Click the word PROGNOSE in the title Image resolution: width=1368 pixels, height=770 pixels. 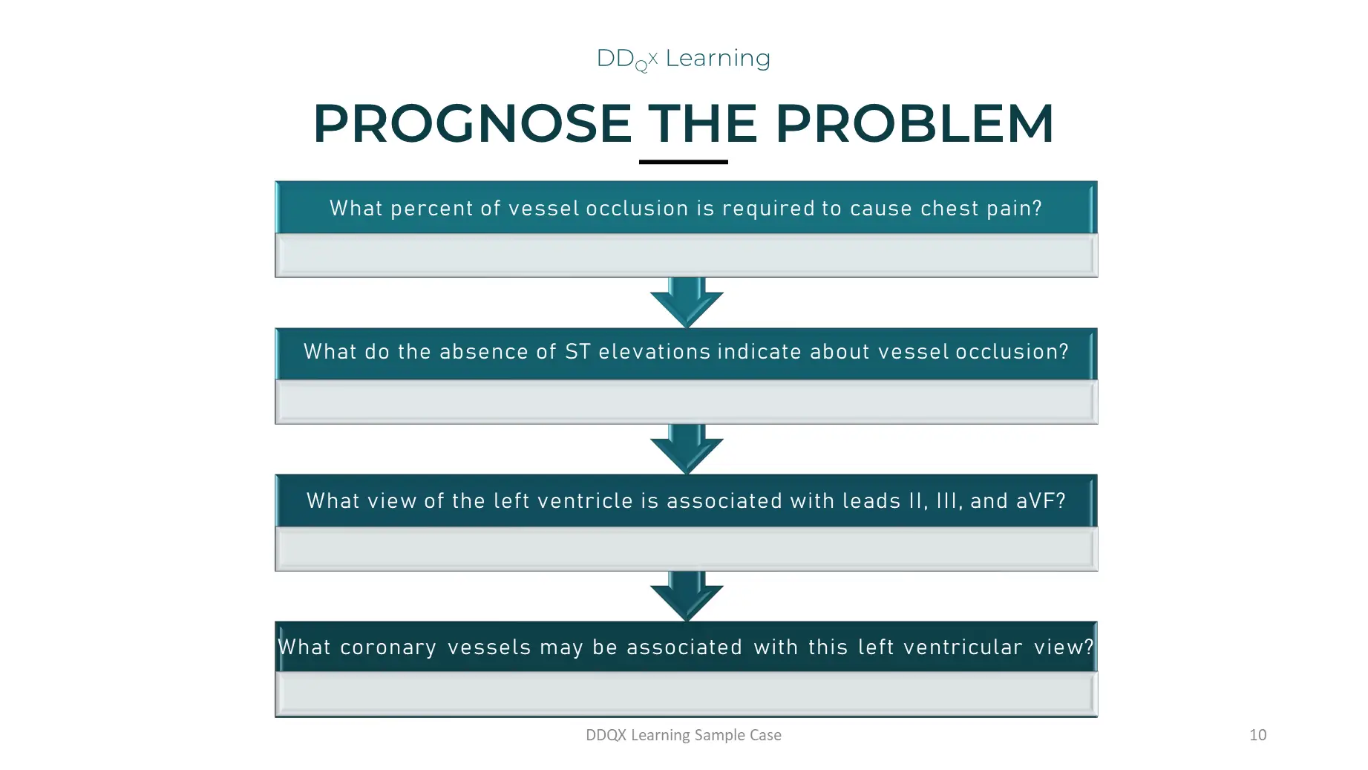472,123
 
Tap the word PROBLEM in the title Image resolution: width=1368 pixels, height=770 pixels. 914,123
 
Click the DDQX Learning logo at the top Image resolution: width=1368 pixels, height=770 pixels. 683,59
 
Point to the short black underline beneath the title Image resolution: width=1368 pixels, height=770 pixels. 683,161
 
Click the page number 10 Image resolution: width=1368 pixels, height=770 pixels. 1257,735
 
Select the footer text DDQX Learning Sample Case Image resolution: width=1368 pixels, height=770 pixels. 683,735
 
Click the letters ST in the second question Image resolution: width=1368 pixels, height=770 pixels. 577,352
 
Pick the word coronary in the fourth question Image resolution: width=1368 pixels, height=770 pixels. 388,647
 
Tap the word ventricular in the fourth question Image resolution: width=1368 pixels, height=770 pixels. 963,647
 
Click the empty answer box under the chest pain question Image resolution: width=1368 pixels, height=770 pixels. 686,255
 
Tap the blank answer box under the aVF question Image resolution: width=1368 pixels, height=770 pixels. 686,549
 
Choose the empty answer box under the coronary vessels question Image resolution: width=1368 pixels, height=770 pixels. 686,694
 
